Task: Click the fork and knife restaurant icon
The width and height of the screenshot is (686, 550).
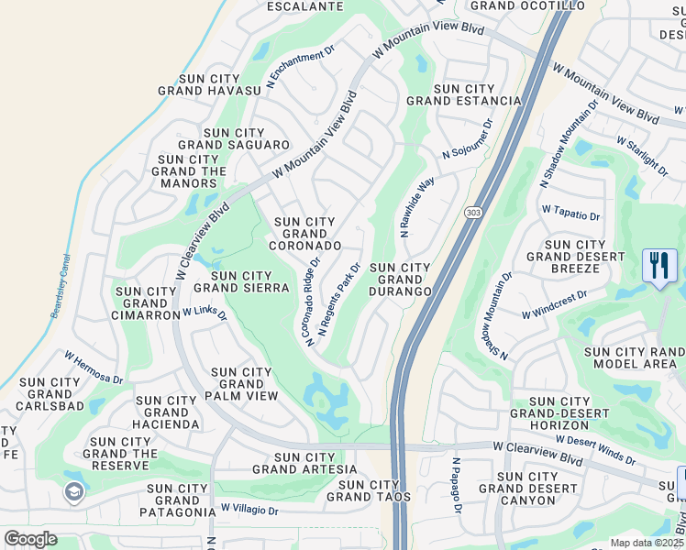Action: [659, 266]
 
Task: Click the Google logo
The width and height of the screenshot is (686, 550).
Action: [30, 539]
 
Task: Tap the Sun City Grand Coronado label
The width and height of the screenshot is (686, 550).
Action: [305, 234]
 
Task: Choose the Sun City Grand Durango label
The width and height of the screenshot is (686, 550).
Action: [400, 279]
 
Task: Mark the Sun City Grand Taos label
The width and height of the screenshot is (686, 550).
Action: [369, 490]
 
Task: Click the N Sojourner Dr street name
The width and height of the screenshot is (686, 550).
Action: [468, 139]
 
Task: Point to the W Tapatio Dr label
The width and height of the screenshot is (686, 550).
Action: [570, 213]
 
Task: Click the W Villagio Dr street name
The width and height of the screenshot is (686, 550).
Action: [249, 507]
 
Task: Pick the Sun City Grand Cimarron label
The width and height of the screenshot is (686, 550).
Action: [148, 303]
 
